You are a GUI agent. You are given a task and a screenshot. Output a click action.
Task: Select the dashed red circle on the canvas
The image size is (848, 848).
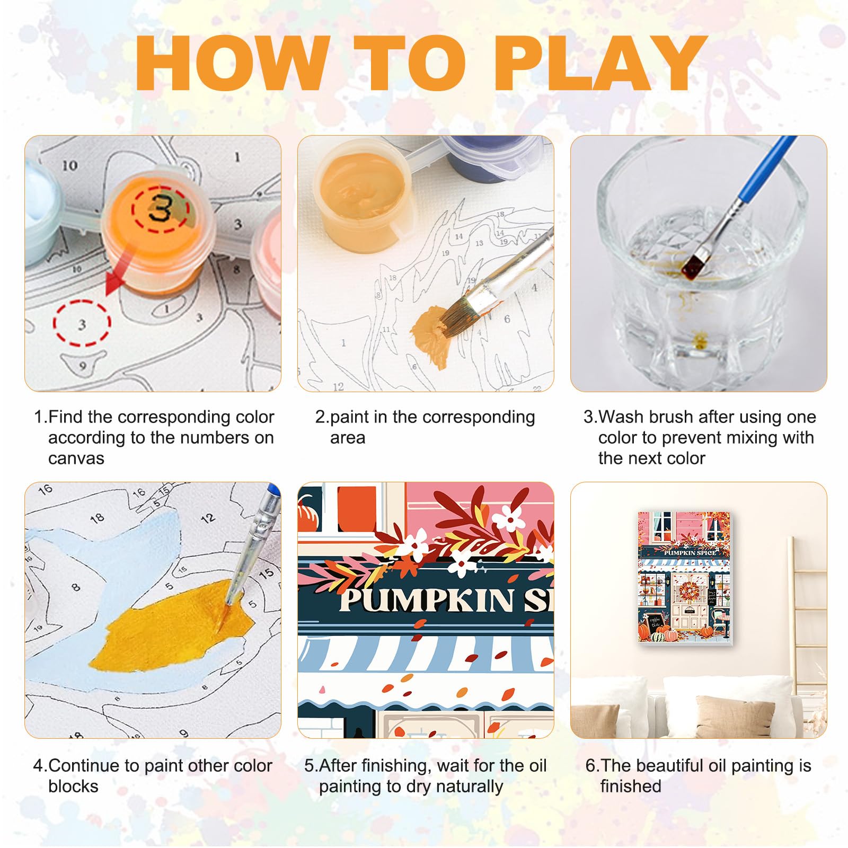point(82,323)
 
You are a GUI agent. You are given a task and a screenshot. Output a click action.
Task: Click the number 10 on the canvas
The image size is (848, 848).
point(70,166)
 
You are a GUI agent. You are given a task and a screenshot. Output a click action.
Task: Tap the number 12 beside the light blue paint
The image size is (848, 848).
point(208,518)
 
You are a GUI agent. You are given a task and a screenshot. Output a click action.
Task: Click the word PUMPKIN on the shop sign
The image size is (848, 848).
point(427,600)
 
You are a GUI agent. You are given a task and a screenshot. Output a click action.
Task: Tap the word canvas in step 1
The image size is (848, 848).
point(76,458)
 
